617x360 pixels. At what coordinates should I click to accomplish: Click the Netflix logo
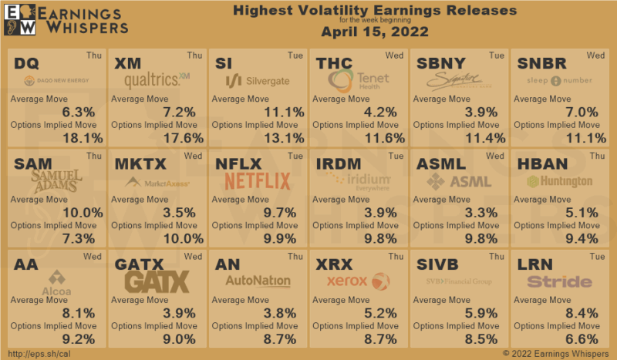click(258, 181)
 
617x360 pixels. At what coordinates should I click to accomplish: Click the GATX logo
click(157, 281)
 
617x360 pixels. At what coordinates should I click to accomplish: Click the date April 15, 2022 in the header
click(374, 33)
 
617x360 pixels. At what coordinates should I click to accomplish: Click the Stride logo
click(559, 281)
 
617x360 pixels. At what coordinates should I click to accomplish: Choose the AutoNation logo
click(258, 281)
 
